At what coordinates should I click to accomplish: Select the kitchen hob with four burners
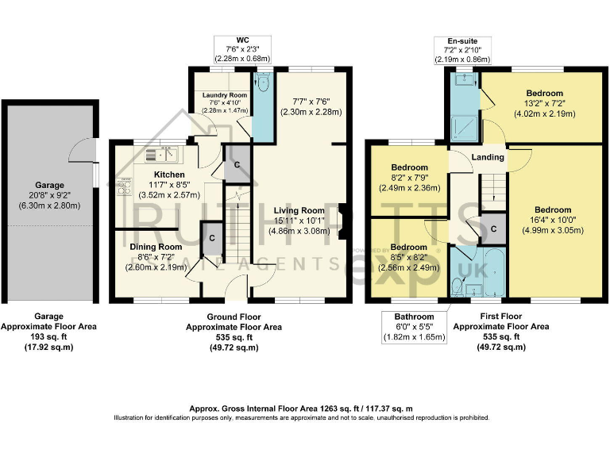(124, 188)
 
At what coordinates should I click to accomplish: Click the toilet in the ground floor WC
(263, 82)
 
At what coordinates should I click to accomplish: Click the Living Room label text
(298, 209)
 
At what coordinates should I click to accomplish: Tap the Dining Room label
(156, 247)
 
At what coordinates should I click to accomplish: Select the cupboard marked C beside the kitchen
(237, 165)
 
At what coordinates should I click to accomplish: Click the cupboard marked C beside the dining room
(211, 237)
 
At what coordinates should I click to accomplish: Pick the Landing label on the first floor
(487, 157)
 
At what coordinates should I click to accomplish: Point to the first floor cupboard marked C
(493, 229)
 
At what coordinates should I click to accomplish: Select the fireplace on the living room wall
(342, 221)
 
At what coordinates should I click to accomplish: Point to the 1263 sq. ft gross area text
(301, 407)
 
